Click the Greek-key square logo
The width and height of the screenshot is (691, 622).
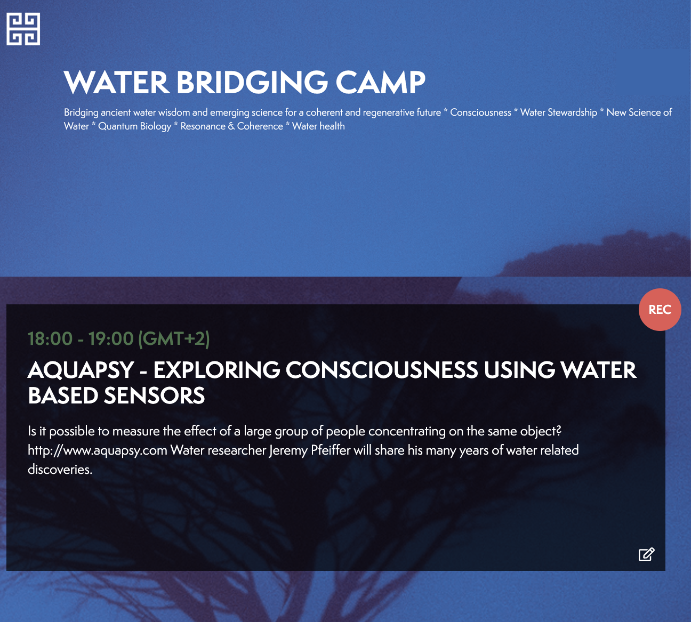click(23, 29)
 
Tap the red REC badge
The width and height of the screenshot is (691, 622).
click(660, 310)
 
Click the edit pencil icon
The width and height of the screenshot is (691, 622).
click(647, 554)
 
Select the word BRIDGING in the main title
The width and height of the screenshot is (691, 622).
click(252, 82)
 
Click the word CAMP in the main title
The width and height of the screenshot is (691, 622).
click(381, 82)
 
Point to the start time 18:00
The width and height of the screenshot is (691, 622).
click(50, 338)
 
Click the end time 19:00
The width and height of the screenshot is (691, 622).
click(111, 338)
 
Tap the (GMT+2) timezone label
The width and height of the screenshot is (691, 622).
click(174, 339)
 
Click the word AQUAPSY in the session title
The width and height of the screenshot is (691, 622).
click(81, 370)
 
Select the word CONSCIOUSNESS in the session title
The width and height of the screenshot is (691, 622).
click(382, 370)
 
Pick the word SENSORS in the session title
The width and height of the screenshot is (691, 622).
click(154, 395)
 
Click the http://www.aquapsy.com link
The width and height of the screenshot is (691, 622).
click(98, 450)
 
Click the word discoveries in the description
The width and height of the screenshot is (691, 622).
click(60, 470)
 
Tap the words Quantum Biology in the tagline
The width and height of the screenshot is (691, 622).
click(135, 126)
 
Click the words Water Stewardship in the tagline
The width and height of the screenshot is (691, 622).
click(559, 112)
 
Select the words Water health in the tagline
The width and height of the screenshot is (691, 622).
click(318, 126)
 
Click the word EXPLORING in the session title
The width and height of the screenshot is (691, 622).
click(216, 370)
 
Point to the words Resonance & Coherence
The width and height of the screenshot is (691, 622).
click(231, 126)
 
